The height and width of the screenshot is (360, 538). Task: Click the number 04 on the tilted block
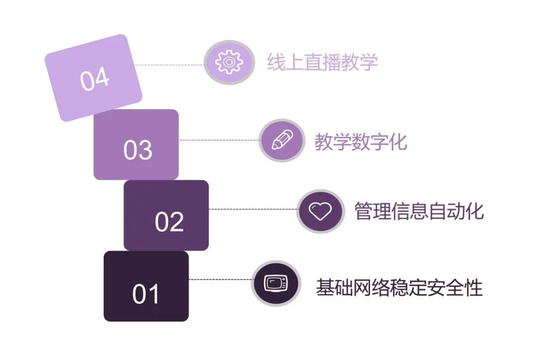95,79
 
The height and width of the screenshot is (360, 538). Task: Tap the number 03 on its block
137,150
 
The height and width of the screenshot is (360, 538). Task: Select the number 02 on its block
169,222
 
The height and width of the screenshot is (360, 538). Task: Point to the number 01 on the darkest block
146,294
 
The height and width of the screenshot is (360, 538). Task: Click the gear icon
229,62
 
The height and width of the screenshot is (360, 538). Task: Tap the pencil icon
282,140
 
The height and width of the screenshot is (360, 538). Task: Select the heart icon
320,211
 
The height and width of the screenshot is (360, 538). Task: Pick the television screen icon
276,283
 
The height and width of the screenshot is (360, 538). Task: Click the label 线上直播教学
322,62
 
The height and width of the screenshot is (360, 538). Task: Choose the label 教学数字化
361,141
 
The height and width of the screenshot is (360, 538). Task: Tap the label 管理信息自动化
419,211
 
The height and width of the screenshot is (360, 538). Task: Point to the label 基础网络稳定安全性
400,287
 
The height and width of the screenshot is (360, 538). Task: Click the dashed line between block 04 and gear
169,64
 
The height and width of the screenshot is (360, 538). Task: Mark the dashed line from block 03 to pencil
219,140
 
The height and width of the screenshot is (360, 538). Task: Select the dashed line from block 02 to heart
253,209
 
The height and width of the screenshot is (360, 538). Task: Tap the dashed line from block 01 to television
220,279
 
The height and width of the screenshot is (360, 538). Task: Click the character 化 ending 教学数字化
398,141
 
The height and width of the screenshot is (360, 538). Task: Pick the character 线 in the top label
276,62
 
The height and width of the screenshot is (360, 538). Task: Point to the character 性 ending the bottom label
474,287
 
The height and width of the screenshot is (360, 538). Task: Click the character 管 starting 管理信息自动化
363,211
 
